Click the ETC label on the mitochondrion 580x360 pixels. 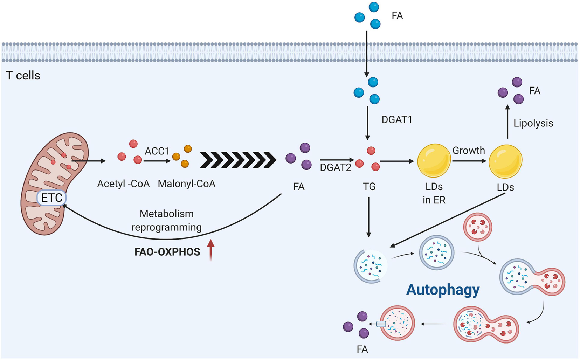(x=52, y=198)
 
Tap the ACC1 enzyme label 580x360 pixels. (x=157, y=151)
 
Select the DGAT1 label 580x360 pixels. (x=397, y=119)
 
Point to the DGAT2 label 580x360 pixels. (x=336, y=167)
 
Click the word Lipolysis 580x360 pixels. (x=533, y=123)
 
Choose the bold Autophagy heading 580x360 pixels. (x=443, y=290)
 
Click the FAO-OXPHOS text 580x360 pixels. (x=167, y=252)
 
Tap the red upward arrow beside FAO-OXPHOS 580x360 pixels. (x=211, y=250)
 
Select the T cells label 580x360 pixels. (x=23, y=76)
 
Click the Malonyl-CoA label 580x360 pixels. (x=187, y=184)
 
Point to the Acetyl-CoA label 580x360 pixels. (x=124, y=184)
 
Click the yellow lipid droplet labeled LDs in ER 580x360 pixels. (x=434, y=160)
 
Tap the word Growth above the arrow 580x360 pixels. (x=469, y=150)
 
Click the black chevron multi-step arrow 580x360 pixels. (x=238, y=160)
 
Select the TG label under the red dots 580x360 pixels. (x=369, y=186)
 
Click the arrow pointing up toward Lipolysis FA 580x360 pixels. (x=507, y=122)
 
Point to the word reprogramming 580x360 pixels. (x=166, y=228)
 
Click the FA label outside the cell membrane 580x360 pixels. (x=397, y=16)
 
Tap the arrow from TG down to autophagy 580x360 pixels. (x=369, y=217)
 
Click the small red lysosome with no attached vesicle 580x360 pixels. (x=478, y=227)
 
